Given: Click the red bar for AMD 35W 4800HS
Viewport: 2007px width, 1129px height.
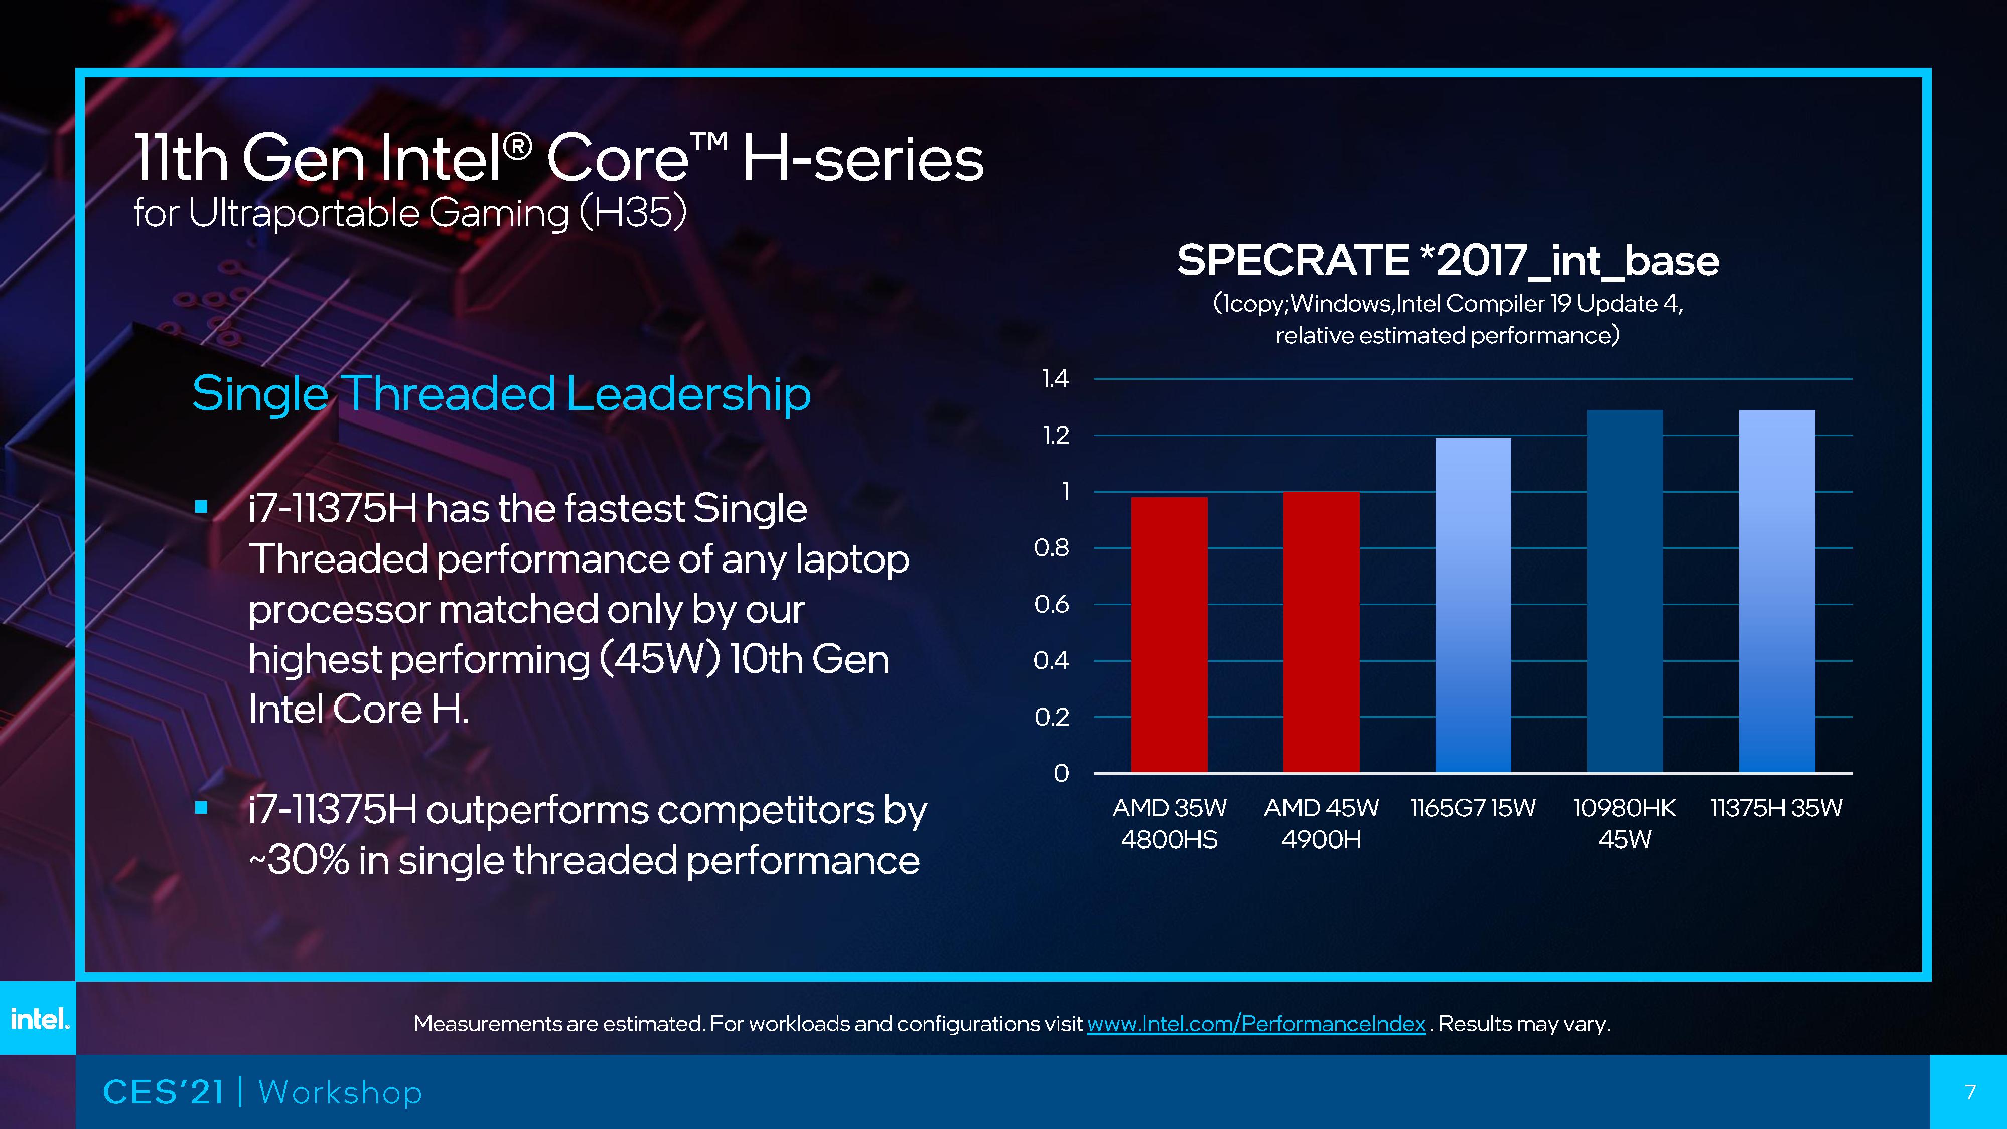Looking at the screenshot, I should coord(1169,635).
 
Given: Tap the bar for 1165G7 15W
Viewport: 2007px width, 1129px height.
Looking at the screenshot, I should coord(1473,606).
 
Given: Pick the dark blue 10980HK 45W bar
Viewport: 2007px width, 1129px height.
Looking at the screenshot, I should coord(1625,592).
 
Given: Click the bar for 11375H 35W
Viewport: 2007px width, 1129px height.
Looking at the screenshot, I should coord(1776,592).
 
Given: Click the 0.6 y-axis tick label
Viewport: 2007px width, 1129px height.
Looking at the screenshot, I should coord(1051,605).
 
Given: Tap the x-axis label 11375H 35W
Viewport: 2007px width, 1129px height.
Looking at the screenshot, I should coord(1776,808).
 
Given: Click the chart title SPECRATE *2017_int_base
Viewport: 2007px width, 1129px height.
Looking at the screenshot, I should coord(1448,260).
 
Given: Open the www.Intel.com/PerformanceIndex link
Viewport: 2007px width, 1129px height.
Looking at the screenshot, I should coord(1256,1023).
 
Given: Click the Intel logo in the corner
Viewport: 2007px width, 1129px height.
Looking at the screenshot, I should coord(38,1019).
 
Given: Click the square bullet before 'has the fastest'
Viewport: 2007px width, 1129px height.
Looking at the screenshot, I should coord(202,507).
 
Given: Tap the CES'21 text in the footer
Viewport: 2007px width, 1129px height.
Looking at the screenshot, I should coord(163,1092).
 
